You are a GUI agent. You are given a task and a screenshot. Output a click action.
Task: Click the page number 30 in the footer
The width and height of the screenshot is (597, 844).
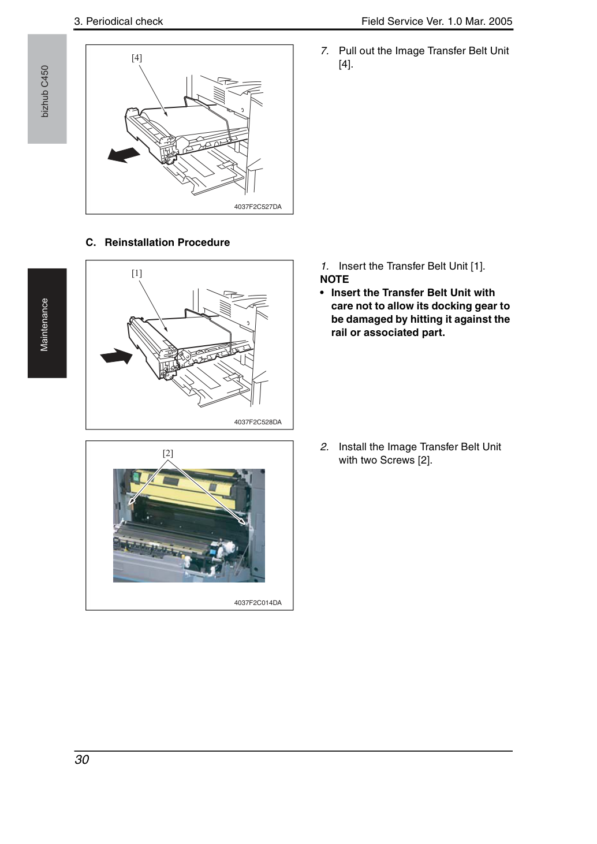[x=82, y=759]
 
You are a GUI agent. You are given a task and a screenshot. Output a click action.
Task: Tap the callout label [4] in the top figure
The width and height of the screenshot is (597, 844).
[x=137, y=58]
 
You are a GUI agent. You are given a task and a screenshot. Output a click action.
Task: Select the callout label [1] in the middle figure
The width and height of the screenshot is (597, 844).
[x=137, y=273]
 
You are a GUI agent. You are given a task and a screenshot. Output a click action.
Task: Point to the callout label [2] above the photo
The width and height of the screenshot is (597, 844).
[x=167, y=453]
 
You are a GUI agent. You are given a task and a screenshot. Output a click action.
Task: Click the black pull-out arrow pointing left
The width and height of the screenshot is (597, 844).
[x=124, y=155]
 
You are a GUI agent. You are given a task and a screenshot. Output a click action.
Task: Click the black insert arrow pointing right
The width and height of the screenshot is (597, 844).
[x=116, y=356]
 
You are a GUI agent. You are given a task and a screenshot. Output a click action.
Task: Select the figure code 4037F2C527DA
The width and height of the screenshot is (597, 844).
[x=258, y=207]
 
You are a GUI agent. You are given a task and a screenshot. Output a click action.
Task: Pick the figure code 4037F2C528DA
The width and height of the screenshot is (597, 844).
[x=258, y=422]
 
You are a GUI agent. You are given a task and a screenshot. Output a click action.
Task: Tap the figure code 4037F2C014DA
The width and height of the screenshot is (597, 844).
[x=258, y=603]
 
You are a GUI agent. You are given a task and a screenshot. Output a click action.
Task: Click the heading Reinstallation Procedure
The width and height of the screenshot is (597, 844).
[x=167, y=242]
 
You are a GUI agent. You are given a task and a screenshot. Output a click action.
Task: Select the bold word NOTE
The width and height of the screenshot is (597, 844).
[x=334, y=279]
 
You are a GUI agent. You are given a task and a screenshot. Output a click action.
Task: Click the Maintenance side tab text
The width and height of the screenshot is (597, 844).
[x=44, y=324]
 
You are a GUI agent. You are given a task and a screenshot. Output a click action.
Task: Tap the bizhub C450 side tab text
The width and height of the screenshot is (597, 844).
[x=44, y=91]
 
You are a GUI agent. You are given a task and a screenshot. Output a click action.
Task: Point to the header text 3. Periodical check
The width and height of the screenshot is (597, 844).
[x=118, y=21]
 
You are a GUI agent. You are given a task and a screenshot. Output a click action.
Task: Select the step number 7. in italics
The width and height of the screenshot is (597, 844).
[x=324, y=51]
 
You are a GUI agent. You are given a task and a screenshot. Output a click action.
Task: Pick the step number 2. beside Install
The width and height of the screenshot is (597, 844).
[x=324, y=447]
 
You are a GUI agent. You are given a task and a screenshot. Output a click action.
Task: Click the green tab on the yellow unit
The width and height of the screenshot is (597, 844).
[x=136, y=478]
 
